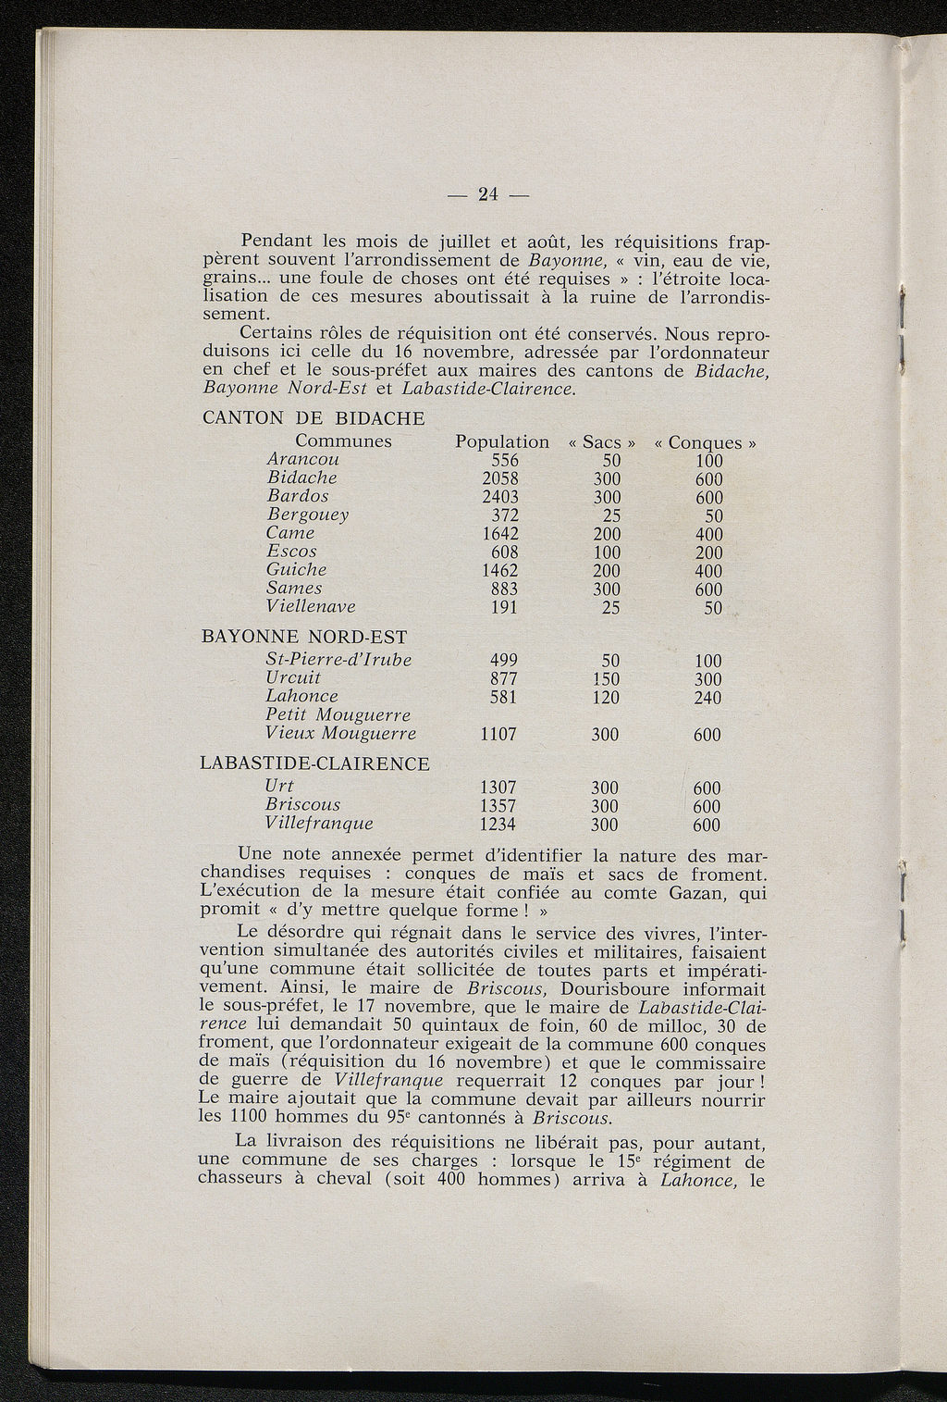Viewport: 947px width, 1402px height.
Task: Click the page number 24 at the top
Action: coord(486,193)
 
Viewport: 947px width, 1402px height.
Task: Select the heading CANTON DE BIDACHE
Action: coord(313,418)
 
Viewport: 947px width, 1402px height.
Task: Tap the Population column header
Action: coord(502,442)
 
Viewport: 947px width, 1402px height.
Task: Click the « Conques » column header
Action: coord(706,443)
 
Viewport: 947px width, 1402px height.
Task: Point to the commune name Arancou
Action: coord(302,460)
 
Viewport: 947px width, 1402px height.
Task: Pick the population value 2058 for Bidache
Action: coord(500,478)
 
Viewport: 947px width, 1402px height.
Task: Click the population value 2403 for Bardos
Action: coord(500,497)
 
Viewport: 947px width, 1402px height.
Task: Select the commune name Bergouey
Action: coord(307,515)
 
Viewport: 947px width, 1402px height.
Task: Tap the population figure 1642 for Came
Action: coord(500,534)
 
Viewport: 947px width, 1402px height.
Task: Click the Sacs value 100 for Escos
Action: coord(606,552)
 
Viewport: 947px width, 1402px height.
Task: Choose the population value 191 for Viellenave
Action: coord(504,607)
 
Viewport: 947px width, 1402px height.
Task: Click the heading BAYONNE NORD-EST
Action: coord(303,638)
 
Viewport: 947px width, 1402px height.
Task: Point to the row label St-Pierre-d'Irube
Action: coord(338,660)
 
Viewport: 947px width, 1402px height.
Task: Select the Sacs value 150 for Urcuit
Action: coord(606,679)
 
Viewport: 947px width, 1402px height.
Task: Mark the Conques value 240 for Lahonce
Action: coord(707,698)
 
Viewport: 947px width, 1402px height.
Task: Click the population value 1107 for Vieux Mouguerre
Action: coord(499,735)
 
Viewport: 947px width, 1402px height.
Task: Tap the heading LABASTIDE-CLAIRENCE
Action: coord(314,764)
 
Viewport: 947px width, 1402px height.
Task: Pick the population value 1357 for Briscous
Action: coord(499,805)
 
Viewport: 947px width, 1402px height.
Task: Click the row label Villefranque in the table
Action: coord(319,824)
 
